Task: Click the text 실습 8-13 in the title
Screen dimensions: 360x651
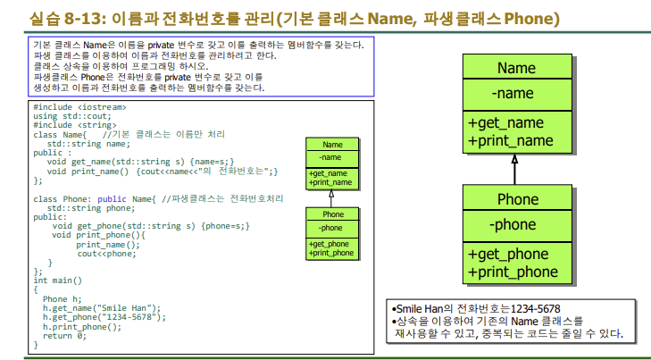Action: pos(62,17)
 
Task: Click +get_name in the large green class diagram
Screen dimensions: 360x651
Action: pos(505,123)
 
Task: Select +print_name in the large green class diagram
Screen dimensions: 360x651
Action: pos(510,141)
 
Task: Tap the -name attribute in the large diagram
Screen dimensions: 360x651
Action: pos(513,94)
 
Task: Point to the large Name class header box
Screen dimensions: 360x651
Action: pos(515,68)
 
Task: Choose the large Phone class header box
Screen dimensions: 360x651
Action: pos(515,198)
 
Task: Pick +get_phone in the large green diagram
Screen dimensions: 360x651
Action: pos(508,254)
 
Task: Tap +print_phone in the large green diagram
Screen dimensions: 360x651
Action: pos(513,272)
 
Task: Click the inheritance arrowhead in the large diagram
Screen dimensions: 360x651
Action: pos(515,160)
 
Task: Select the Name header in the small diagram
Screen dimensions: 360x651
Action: pos(332,145)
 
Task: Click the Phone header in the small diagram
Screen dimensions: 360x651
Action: pos(332,214)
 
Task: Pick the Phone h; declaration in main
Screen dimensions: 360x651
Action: pos(62,298)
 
